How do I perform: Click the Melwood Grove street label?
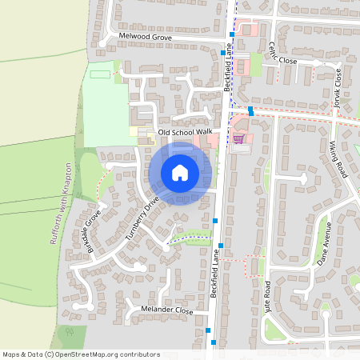click(x=145, y=38)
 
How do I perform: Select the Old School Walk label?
click(x=185, y=131)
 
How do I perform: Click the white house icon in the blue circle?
click(x=180, y=173)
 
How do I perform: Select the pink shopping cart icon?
click(x=238, y=138)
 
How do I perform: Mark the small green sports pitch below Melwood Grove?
click(x=99, y=74)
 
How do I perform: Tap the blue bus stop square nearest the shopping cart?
click(x=251, y=111)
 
